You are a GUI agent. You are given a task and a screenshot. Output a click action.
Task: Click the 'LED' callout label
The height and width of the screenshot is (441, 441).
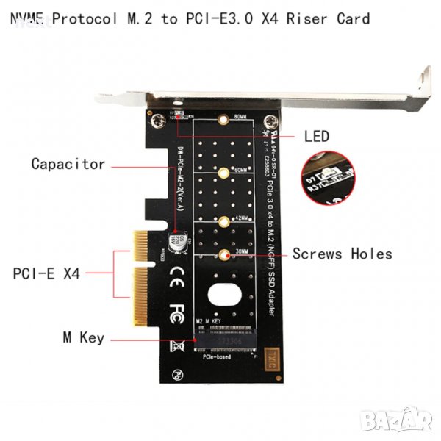click(x=317, y=136)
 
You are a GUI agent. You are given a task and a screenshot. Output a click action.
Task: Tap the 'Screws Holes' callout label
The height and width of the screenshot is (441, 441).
click(x=342, y=254)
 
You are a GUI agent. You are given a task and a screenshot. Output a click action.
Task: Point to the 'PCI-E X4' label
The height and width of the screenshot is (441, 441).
click(x=46, y=273)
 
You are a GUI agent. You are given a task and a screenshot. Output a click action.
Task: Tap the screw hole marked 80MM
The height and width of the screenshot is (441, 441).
click(x=223, y=120)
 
